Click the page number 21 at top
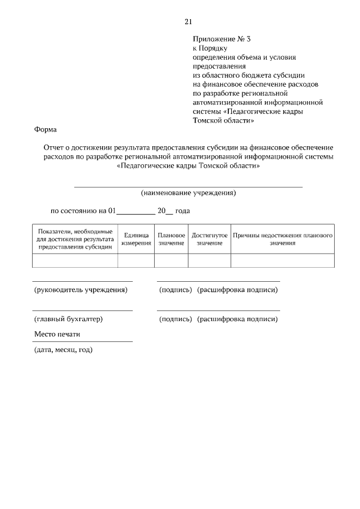tap(188, 21)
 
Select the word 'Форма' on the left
tap(46, 129)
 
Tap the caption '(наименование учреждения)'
tap(188, 193)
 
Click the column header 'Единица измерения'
tap(136, 239)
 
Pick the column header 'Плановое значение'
tap(171, 239)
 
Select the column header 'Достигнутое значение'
tap(209, 239)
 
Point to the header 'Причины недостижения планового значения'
tap(282, 239)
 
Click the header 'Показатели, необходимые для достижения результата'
tap(75, 239)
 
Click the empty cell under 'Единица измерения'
tap(136, 260)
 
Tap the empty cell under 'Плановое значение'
tap(171, 260)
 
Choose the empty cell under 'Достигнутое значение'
tap(209, 260)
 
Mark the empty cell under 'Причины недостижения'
tap(282, 260)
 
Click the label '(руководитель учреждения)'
tap(81, 290)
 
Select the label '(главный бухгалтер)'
tap(69, 319)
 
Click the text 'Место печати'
tap(57, 334)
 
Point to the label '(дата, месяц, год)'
tap(64, 350)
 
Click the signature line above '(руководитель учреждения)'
tap(82, 281)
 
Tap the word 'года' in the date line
tap(183, 211)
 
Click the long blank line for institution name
tap(188, 186)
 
